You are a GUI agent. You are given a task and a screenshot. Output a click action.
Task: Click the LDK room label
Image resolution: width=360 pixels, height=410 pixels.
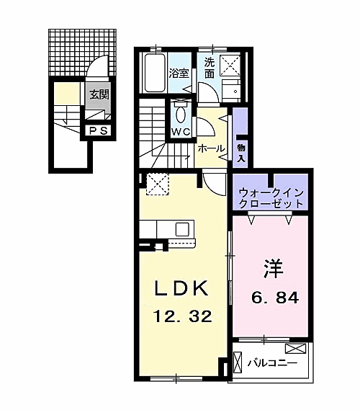pos(182,290)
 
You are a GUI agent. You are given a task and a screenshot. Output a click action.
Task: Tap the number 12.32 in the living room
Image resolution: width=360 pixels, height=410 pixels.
pos(181,316)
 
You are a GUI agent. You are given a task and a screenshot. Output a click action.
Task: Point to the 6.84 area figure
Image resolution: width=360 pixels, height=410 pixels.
pos(274,297)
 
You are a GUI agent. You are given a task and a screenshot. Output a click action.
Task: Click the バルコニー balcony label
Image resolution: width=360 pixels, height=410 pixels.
pos(272,362)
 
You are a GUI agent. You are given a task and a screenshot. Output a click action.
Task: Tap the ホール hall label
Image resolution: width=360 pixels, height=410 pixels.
pos(211,147)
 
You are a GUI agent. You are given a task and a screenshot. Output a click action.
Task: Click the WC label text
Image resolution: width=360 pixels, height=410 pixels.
pos(179,132)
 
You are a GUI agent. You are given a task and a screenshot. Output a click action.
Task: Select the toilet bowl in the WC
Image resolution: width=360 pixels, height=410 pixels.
pos(180,113)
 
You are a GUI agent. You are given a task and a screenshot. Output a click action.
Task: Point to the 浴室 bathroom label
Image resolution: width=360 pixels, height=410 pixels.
pos(179,73)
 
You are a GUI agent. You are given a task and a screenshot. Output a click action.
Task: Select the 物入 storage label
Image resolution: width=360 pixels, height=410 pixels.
pos(241,152)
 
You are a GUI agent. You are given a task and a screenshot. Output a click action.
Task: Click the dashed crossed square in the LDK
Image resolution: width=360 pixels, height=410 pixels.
pos(156,184)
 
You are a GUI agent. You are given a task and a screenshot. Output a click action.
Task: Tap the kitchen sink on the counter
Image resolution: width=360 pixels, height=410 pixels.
pos(182,229)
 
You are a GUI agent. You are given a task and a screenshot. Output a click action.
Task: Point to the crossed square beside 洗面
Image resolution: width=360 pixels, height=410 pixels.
pos(233,66)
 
